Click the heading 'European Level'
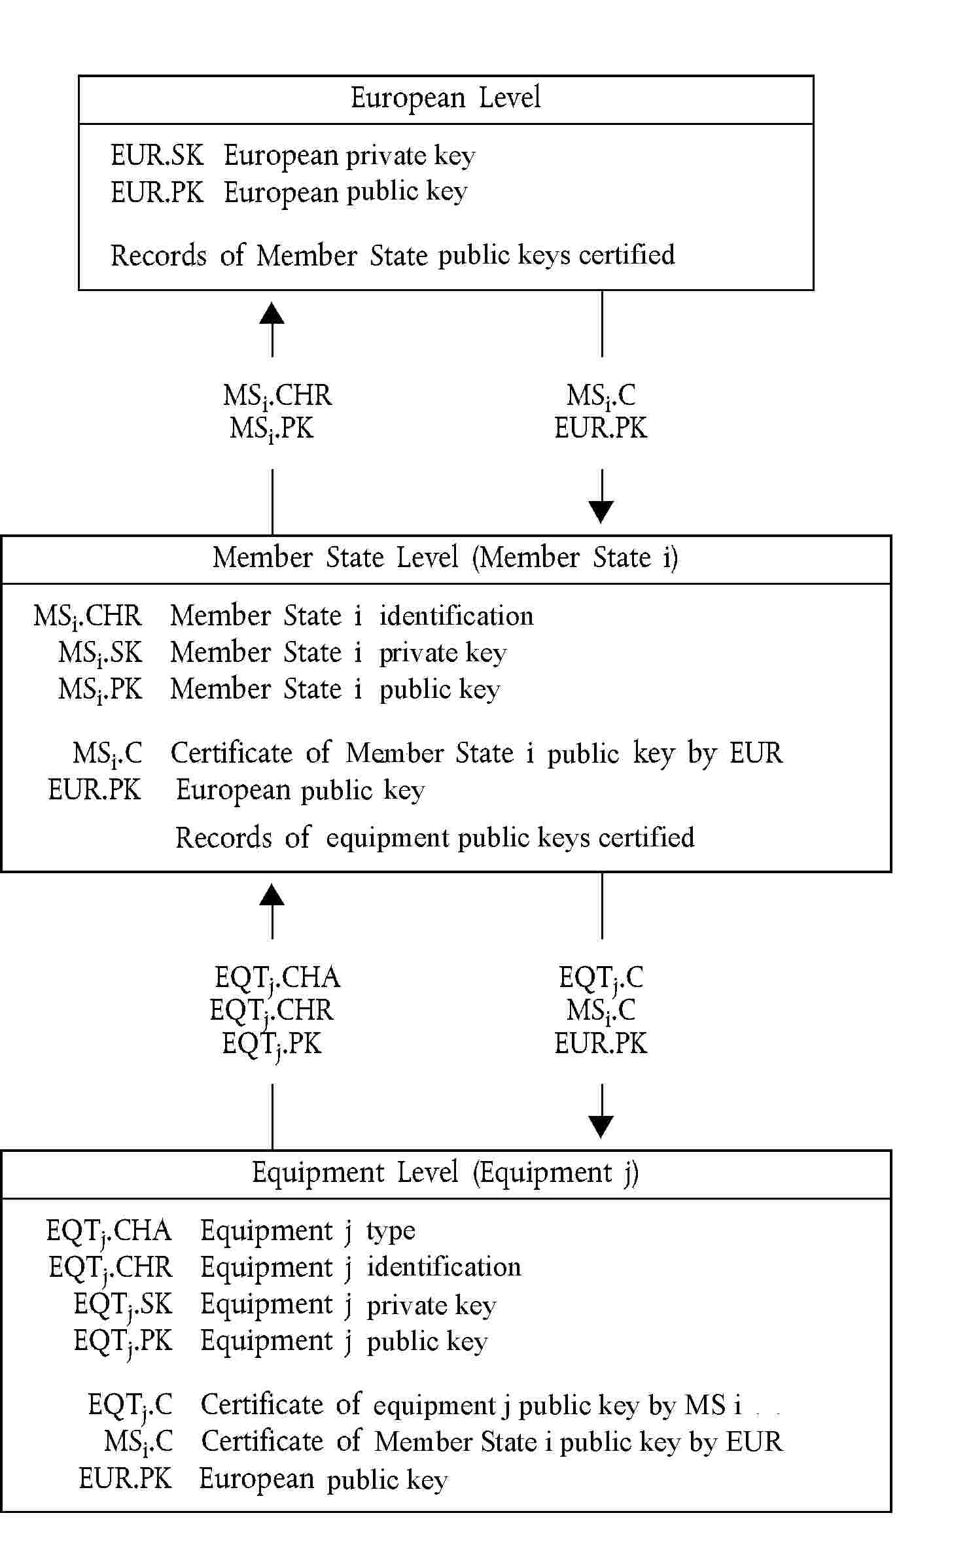coord(446,98)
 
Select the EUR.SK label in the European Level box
coord(157,156)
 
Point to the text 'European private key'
coord(349,156)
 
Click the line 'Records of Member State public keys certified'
coord(393,255)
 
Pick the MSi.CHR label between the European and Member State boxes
coord(277,396)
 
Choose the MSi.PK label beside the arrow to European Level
coord(272,429)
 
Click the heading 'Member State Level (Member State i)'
coord(446,558)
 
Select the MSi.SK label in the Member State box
coord(100,653)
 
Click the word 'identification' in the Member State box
coord(456,616)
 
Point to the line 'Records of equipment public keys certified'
coord(434,838)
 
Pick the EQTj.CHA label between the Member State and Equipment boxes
coord(277,978)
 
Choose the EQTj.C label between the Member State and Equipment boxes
coord(601,978)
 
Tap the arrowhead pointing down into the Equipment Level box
coord(601,1126)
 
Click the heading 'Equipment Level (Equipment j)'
coord(446,1173)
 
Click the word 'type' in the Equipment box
coord(391,1231)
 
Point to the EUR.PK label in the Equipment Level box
coord(125,1478)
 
